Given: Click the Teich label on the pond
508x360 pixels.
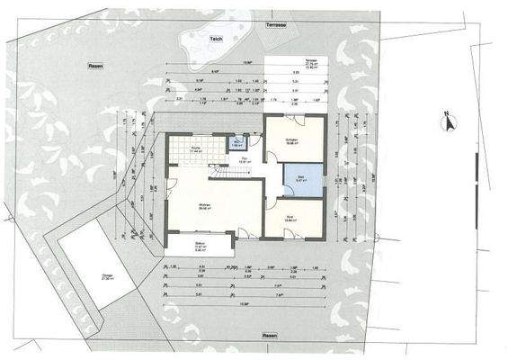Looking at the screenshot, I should point(216,40).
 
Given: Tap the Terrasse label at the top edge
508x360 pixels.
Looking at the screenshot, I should point(276,24).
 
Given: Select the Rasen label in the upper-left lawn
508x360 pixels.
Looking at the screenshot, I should point(93,67).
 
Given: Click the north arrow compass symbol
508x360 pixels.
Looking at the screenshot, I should point(445,117).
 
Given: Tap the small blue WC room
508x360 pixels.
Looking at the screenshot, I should point(236,143).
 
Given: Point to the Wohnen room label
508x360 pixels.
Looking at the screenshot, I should point(204,206).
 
